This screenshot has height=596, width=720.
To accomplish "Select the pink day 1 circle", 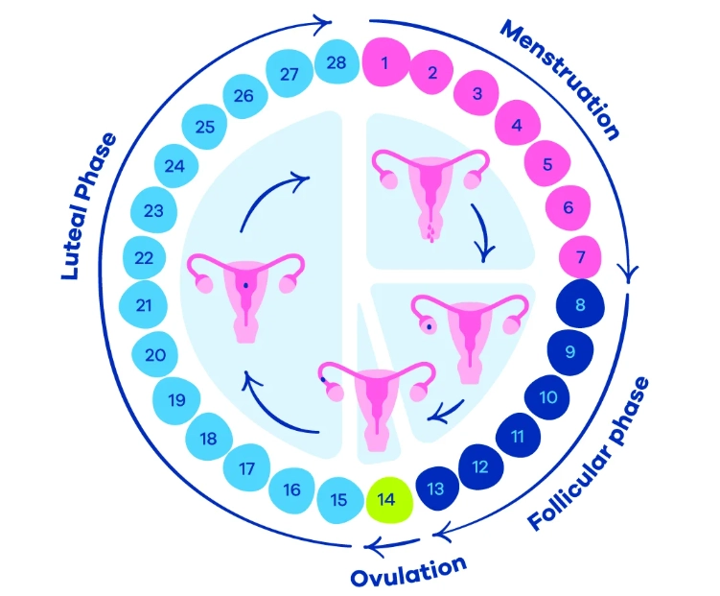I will click(384, 63).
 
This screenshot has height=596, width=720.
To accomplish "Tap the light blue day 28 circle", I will click(336, 62).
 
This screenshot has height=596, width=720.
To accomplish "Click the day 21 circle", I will click(145, 306).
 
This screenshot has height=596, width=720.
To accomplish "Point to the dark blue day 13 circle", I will click(436, 489).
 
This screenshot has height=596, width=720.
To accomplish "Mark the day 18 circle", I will click(208, 439).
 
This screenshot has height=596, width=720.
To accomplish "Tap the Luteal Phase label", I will click(88, 207).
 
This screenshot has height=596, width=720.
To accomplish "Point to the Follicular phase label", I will click(590, 455).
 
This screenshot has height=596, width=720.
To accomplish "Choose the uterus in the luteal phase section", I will click(245, 294).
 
